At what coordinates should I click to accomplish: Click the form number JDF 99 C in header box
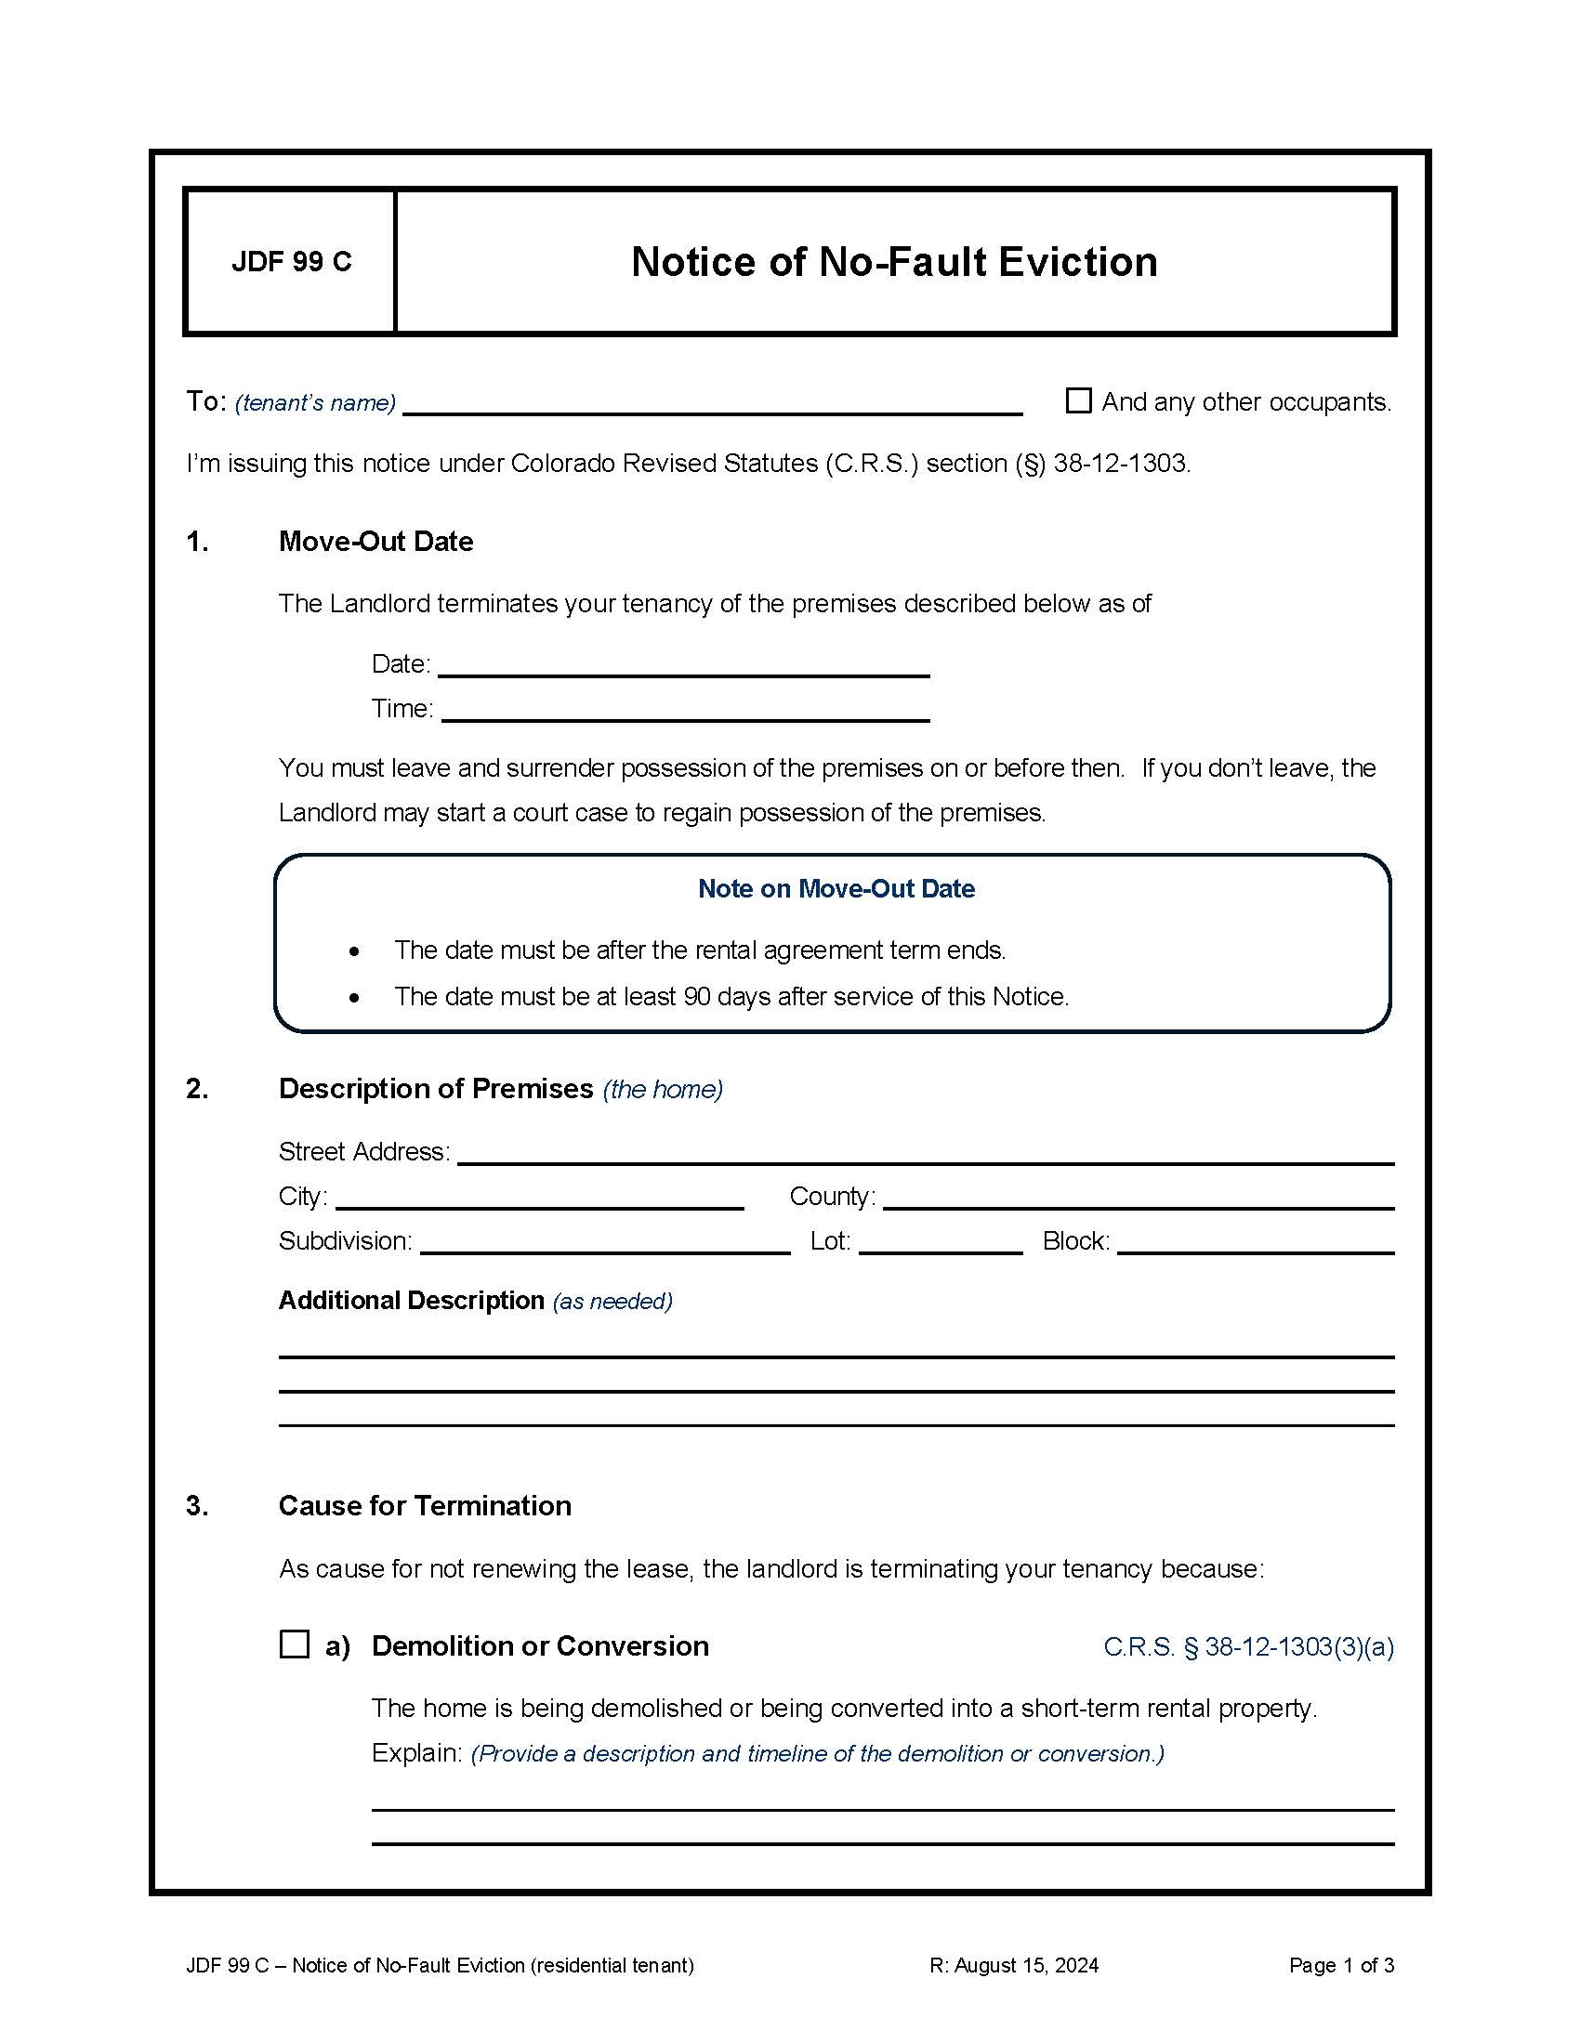click(291, 261)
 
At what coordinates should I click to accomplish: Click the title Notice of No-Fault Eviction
click(894, 262)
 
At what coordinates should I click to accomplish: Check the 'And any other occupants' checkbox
click(1078, 400)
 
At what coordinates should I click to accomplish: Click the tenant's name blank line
click(711, 404)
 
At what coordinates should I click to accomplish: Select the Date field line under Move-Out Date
click(683, 666)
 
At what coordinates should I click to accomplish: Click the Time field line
click(685, 712)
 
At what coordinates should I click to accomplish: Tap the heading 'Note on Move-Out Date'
click(836, 888)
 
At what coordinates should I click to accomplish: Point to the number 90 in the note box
click(696, 996)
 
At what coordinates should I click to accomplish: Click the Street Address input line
click(925, 1154)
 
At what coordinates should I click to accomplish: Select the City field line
click(539, 1199)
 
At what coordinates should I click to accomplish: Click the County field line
click(1139, 1199)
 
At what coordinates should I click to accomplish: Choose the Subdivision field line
click(605, 1244)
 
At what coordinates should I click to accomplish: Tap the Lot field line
click(940, 1244)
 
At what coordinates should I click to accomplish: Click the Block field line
click(1256, 1244)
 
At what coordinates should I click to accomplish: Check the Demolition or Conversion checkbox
click(294, 1644)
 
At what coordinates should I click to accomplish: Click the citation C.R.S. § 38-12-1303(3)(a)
click(1248, 1646)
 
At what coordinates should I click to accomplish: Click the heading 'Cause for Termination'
click(425, 1505)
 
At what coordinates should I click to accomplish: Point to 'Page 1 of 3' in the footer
click(1340, 1965)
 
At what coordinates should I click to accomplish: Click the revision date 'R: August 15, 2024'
click(1014, 1965)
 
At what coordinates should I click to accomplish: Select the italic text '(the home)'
click(663, 1090)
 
